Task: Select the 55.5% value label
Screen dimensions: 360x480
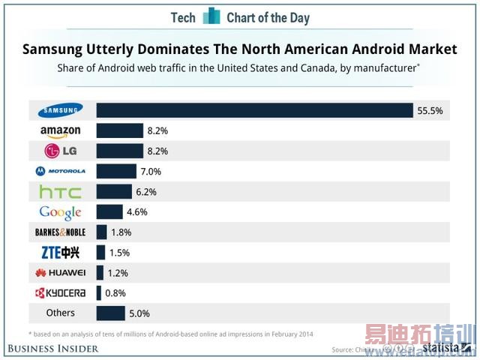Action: [430, 111]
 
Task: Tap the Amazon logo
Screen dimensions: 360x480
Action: [60, 131]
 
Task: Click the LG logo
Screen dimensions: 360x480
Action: [60, 151]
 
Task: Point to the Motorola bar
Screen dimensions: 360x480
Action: [116, 172]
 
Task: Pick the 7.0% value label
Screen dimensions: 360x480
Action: [151, 172]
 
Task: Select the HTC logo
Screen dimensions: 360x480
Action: [60, 192]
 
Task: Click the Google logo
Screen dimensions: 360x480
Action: [60, 212]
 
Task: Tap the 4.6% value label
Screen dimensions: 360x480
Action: [137, 212]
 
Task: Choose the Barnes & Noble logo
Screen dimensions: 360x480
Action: [60, 232]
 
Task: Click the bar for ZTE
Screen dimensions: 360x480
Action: [101, 253]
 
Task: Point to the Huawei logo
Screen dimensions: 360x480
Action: [60, 273]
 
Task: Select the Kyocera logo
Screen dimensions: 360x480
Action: [60, 293]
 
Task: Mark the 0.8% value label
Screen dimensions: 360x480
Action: [116, 293]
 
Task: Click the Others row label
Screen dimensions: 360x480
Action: [60, 313]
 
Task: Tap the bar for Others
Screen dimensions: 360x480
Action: [110, 313]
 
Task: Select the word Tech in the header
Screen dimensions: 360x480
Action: [183, 17]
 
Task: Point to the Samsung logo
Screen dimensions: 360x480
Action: [60, 111]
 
